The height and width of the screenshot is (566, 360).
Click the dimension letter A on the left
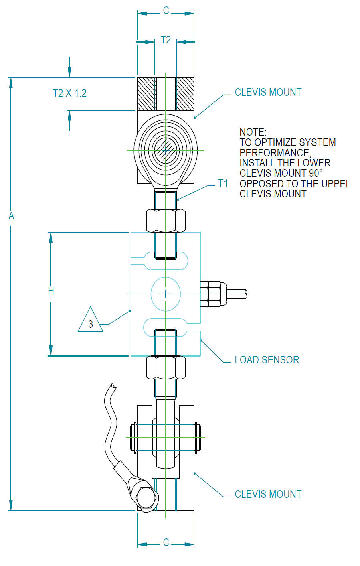[11, 216]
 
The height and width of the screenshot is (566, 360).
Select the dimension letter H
[51, 291]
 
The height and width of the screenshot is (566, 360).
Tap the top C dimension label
[166, 11]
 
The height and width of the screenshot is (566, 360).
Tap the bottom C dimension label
[166, 542]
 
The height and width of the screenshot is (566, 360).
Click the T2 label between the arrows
[166, 40]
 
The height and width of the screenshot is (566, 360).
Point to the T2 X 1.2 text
[70, 93]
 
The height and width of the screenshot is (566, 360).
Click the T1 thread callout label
[223, 184]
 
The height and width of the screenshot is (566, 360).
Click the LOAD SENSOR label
[267, 360]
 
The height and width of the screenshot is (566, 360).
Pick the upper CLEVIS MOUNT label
[268, 92]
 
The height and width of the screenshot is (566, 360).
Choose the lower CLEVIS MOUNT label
[268, 494]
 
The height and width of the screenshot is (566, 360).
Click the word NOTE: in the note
[253, 132]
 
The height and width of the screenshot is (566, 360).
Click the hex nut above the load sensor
[166, 220]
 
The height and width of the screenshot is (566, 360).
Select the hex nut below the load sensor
[166, 367]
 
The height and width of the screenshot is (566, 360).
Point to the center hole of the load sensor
[166, 294]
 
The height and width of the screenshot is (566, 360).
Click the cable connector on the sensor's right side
[214, 294]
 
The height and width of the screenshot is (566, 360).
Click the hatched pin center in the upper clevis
[166, 150]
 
